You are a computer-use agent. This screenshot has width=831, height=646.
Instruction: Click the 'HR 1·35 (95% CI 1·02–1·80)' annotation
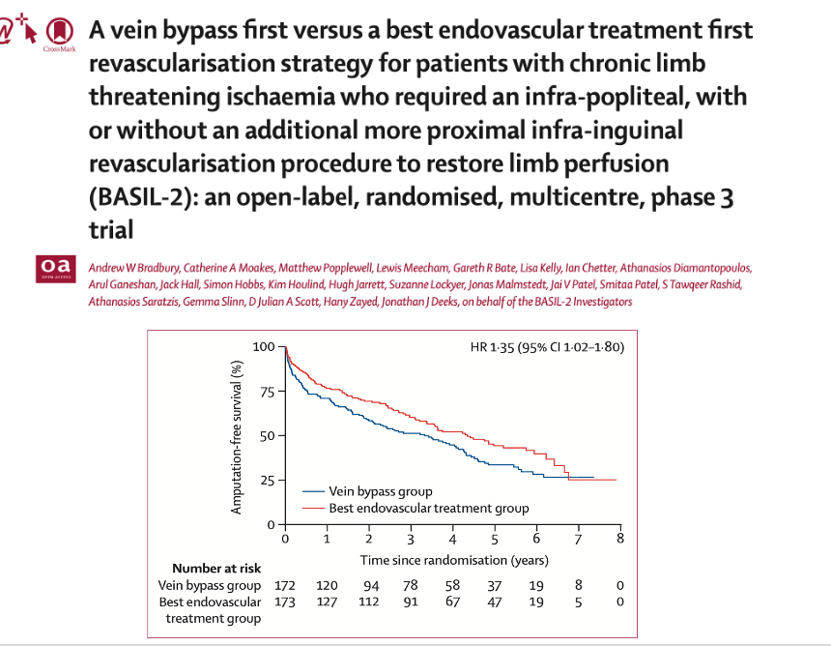(539, 347)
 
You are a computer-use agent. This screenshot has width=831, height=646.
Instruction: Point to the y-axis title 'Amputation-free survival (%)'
(237, 436)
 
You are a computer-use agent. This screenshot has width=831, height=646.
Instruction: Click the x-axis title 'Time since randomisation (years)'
(454, 559)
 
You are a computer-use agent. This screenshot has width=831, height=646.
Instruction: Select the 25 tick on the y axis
(266, 481)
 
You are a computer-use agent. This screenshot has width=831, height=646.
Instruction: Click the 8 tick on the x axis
(619, 539)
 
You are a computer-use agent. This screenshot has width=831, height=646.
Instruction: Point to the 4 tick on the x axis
(452, 539)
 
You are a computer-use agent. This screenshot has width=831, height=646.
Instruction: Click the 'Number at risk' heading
(215, 569)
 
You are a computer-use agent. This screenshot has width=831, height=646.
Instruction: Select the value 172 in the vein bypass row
(285, 585)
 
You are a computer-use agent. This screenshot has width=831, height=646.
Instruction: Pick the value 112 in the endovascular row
(368, 602)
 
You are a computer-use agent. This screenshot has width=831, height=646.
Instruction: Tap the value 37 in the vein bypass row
(494, 585)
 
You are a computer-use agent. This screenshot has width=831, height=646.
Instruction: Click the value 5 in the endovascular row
(578, 602)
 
